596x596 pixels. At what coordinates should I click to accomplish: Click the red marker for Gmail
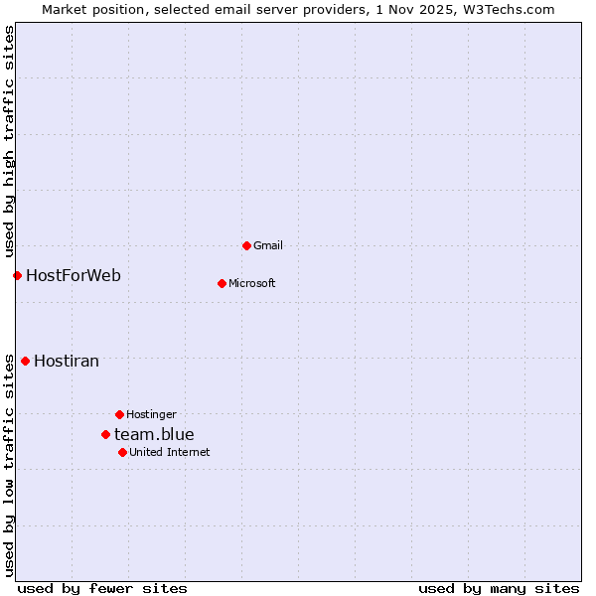(246, 245)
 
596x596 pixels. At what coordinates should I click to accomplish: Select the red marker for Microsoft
(222, 283)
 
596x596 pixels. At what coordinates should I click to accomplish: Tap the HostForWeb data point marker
(17, 275)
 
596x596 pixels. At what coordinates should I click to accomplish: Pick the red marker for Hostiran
(25, 361)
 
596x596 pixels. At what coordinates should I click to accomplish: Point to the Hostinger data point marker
(119, 414)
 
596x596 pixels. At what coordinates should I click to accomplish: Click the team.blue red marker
(105, 434)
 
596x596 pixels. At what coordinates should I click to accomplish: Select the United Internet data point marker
(122, 452)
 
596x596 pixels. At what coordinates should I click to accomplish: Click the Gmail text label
(268, 245)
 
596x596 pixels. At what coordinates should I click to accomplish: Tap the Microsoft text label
(252, 283)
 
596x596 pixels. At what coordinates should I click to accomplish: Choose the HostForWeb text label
(74, 275)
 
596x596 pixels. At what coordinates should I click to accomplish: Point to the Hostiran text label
(67, 361)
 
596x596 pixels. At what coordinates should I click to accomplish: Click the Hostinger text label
(151, 414)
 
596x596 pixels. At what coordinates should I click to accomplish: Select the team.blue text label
(154, 434)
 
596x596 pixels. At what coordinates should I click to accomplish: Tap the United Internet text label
(170, 452)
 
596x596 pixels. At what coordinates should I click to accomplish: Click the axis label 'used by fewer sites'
(102, 588)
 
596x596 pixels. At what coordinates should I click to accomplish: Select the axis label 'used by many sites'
(499, 588)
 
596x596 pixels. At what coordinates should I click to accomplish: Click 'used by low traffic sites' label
(9, 465)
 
